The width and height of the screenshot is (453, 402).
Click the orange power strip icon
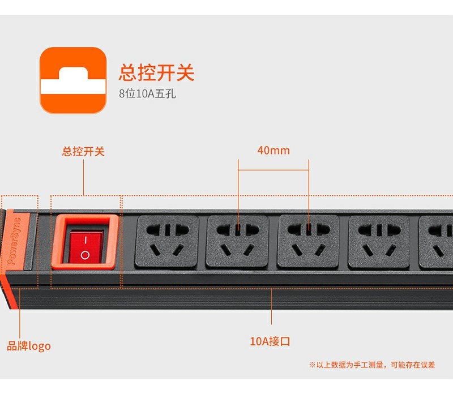[x=73, y=80]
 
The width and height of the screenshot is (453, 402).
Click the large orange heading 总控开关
[x=157, y=72]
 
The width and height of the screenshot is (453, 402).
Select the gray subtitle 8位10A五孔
[x=147, y=93]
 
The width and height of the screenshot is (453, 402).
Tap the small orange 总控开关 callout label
[x=83, y=151]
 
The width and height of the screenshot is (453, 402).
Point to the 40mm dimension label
[x=273, y=151]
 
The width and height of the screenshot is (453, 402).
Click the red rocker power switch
[x=86, y=246]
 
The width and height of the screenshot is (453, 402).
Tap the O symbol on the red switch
[x=86, y=255]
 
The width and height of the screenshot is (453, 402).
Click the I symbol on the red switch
[x=86, y=240]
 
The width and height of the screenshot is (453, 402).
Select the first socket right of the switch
[x=167, y=242]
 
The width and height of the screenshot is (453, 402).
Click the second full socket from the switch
[x=237, y=242]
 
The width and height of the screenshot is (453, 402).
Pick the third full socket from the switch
[x=308, y=242]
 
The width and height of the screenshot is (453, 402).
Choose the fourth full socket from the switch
[x=379, y=242]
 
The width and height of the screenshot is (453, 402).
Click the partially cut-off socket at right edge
[x=435, y=242]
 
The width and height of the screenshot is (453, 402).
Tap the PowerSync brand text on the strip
[x=14, y=241]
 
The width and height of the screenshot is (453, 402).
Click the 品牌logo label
[x=29, y=346]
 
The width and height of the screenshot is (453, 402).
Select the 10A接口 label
[x=270, y=341]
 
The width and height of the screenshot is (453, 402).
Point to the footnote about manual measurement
[x=372, y=365]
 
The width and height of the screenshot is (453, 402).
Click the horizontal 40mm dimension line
[x=273, y=170]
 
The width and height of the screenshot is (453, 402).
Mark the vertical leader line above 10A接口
[x=271, y=306]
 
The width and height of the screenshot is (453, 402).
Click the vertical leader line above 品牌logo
[x=20, y=313]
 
